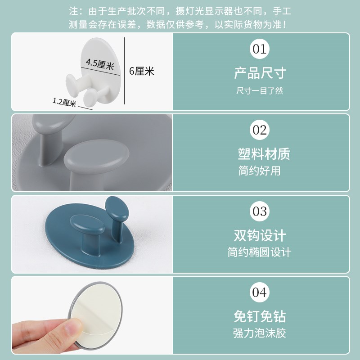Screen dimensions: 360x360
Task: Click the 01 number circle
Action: (260, 49)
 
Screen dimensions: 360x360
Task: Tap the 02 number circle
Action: (260, 130)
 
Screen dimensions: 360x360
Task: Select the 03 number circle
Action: (260, 211)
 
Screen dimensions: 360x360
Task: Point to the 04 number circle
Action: (260, 292)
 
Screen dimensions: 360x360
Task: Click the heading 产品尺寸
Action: (260, 73)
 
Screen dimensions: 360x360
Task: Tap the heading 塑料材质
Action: (264, 154)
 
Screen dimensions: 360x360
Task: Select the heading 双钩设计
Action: (260, 235)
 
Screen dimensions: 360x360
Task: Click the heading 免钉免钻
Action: (260, 316)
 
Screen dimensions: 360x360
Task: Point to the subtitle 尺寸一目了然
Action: (260, 90)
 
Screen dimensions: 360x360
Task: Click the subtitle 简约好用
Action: (260, 171)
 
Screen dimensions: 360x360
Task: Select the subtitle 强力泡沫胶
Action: (260, 333)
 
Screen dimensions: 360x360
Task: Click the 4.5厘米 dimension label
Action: (99, 63)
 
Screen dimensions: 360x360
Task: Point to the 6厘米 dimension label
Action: (141, 71)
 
